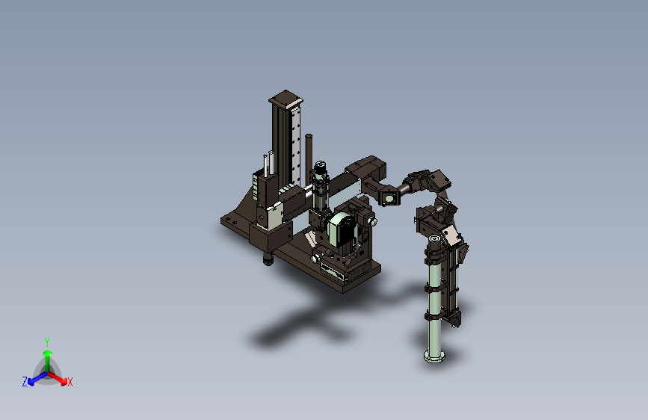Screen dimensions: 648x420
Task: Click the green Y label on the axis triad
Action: tap(47, 342)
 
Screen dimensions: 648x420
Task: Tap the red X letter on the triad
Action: tap(70, 383)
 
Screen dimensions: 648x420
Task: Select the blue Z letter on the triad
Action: tap(25, 382)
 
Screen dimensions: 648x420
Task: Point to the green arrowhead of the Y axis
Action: tap(48, 353)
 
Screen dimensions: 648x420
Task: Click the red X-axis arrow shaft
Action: tap(55, 377)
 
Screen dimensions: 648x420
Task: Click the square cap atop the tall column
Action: tap(286, 99)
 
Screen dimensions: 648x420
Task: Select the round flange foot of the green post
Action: tap(434, 356)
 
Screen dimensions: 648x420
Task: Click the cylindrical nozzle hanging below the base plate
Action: tap(268, 260)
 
